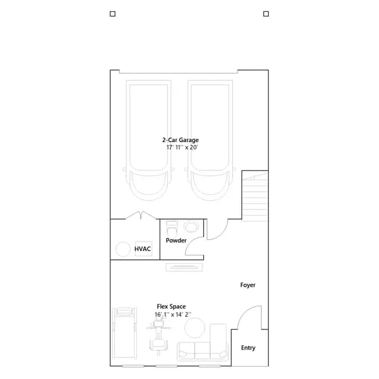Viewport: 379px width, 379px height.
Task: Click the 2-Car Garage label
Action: [x=180, y=140]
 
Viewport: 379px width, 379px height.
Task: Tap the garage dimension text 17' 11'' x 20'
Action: [x=182, y=147]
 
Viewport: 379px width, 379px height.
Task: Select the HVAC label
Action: [x=142, y=249]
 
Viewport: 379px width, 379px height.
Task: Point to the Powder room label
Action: [x=176, y=240]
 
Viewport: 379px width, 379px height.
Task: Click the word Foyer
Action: [x=248, y=285]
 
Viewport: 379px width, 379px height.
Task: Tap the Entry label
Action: [x=248, y=348]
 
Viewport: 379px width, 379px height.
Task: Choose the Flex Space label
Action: [x=171, y=307]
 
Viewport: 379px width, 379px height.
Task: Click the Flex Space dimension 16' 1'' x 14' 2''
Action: [x=173, y=314]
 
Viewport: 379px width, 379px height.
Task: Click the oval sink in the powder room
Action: [x=191, y=227]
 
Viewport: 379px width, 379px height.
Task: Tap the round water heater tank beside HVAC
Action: [x=123, y=249]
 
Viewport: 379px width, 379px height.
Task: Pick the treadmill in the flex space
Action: [x=125, y=333]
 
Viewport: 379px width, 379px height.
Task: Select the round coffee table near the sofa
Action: [x=195, y=327]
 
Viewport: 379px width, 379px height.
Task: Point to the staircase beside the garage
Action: [x=255, y=196]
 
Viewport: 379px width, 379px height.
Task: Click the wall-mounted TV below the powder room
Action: [x=184, y=267]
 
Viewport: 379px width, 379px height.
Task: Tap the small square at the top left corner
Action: [x=113, y=14]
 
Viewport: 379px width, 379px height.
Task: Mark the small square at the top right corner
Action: [x=266, y=14]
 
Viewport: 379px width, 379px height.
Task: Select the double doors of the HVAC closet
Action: [x=141, y=215]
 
